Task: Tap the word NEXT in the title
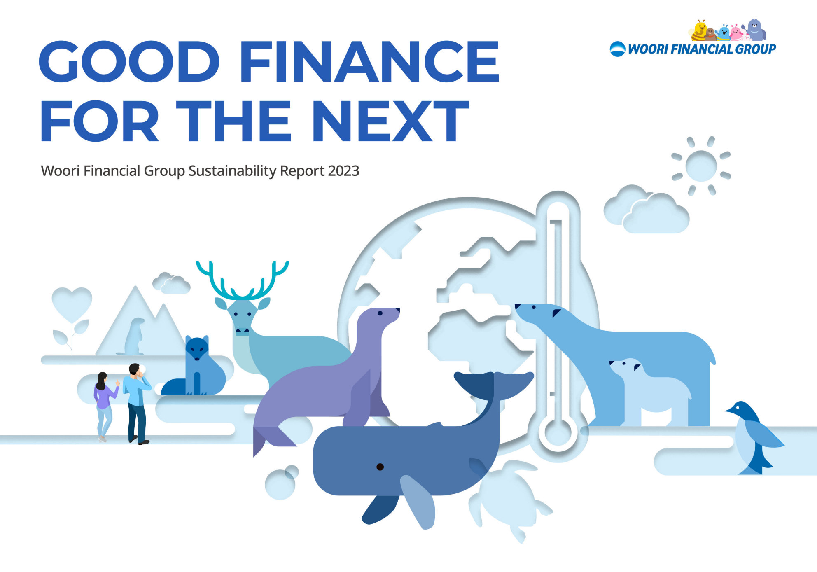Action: (x=390, y=121)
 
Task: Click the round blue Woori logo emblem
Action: (x=617, y=49)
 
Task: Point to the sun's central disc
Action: (x=701, y=166)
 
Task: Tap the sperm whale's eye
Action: (x=380, y=467)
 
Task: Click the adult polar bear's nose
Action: (x=518, y=306)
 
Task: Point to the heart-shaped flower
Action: (x=72, y=304)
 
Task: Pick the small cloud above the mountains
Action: (x=171, y=283)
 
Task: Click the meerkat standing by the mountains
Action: (x=134, y=336)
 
